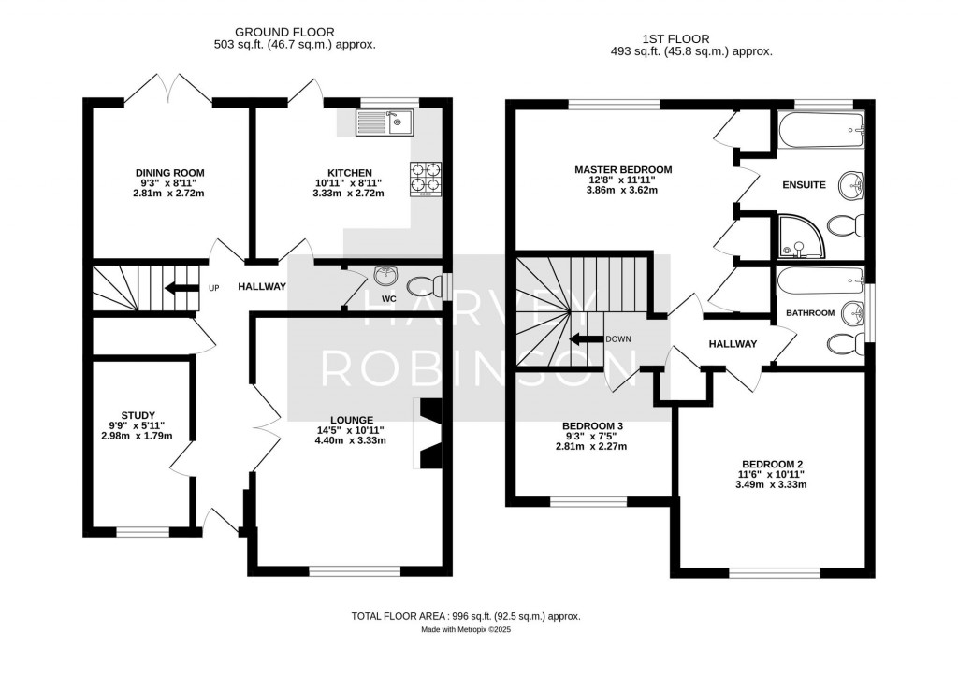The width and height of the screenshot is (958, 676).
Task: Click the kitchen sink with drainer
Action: [x=384, y=122]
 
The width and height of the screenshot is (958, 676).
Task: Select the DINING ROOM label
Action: [x=169, y=173]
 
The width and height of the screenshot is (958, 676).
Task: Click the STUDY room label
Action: [x=138, y=415]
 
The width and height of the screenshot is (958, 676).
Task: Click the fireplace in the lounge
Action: [x=429, y=433]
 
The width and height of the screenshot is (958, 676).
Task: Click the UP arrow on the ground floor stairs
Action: [x=181, y=288]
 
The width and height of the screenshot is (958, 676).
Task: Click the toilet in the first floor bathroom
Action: [x=844, y=344]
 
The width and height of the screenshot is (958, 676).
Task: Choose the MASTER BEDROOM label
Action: [x=623, y=170]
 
